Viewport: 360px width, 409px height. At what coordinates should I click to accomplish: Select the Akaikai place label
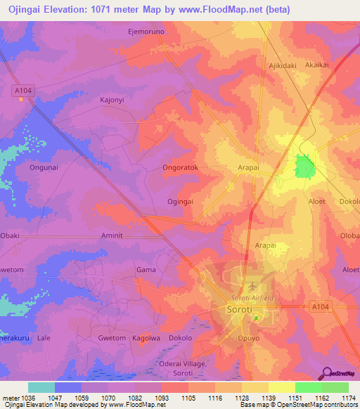pos(317,64)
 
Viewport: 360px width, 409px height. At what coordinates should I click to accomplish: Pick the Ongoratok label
pos(181,169)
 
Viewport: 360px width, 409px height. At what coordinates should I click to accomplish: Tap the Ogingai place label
pos(181,201)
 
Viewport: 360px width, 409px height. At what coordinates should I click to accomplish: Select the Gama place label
pos(146,269)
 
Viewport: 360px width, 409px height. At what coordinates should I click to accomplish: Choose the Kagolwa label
pos(146,338)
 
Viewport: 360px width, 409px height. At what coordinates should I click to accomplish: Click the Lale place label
pos(44,338)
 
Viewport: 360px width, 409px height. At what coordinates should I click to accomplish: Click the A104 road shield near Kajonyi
pos(22,90)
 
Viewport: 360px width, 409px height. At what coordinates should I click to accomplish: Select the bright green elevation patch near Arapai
pos(304,167)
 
